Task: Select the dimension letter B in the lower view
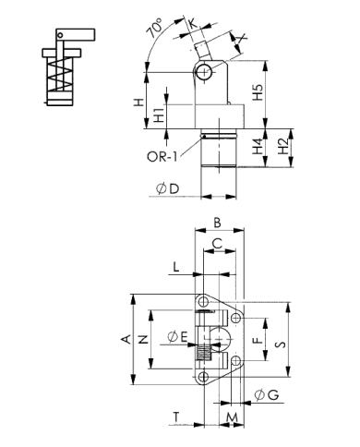[x=216, y=222]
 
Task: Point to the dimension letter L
[x=174, y=267]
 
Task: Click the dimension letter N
[x=143, y=339]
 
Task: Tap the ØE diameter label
[x=177, y=334]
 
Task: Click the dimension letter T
[x=175, y=417]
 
